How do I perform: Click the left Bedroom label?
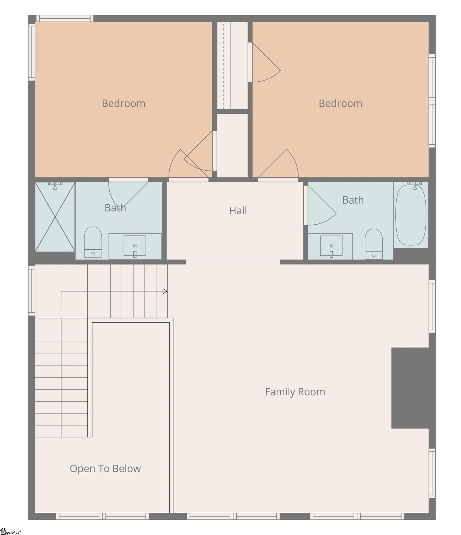pos(124,104)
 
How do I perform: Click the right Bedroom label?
pos(340,104)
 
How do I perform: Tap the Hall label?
pos(238,211)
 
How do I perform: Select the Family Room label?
pos(295,392)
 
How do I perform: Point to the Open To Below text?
pos(105,469)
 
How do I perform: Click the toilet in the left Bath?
pos(93,242)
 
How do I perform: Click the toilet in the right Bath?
pos(374,244)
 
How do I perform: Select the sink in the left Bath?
pos(135,246)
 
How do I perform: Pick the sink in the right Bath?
pos(331,246)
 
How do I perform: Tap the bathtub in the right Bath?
pos(411,215)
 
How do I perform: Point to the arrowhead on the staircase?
pos(165,291)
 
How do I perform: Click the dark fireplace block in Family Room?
pos(410,388)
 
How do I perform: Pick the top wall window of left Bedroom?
pos(65,18)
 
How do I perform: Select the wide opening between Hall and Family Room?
pos(233,262)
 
